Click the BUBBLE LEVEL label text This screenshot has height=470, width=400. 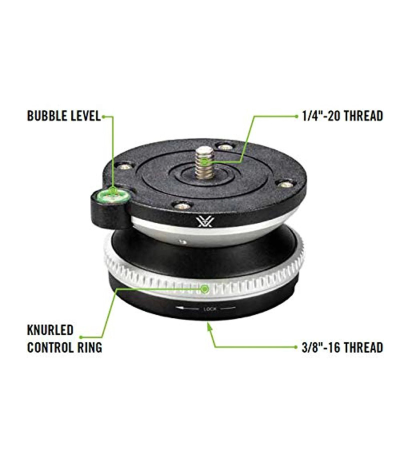pyautogui.click(x=64, y=116)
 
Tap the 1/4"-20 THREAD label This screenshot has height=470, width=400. pyautogui.click(x=342, y=115)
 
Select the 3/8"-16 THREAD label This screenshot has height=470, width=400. pyautogui.click(x=342, y=347)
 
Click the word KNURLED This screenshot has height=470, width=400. pyautogui.click(x=50, y=330)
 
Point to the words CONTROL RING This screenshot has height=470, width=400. pyautogui.click(x=64, y=347)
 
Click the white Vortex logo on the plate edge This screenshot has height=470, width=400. pyautogui.click(x=205, y=222)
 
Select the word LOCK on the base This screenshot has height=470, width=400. pyautogui.click(x=209, y=308)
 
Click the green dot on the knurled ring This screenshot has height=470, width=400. pyautogui.click(x=205, y=289)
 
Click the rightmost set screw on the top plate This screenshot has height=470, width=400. pyautogui.click(x=284, y=184)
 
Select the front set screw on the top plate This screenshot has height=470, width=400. pyautogui.click(x=181, y=205)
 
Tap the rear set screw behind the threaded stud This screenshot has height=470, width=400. pyautogui.click(x=225, y=147)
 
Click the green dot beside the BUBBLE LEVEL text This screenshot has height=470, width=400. pyautogui.click(x=103, y=116)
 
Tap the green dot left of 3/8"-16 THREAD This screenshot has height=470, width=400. pyautogui.click(x=297, y=347)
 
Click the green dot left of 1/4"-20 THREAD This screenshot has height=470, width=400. pyautogui.click(x=297, y=116)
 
